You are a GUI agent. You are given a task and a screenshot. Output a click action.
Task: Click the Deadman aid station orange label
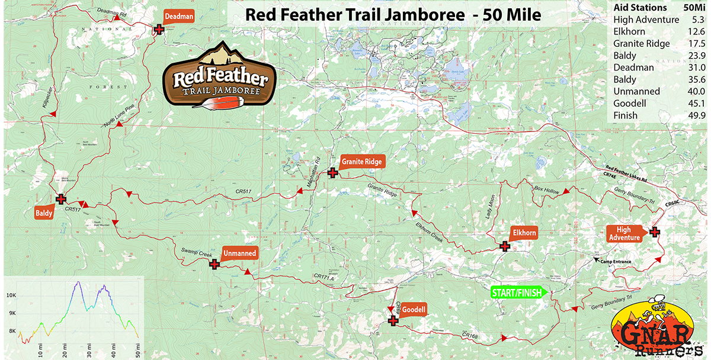click(178, 17)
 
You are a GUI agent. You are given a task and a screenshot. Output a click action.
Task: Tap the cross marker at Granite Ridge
click(333, 173)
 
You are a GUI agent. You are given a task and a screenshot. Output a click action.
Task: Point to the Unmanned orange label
click(240, 253)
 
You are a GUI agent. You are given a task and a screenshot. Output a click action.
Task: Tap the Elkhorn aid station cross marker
click(504, 246)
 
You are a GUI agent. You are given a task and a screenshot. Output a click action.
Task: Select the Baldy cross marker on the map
click(60, 199)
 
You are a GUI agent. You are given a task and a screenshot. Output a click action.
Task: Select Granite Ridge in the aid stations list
click(642, 44)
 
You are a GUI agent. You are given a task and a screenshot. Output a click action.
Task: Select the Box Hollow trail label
click(546, 189)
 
